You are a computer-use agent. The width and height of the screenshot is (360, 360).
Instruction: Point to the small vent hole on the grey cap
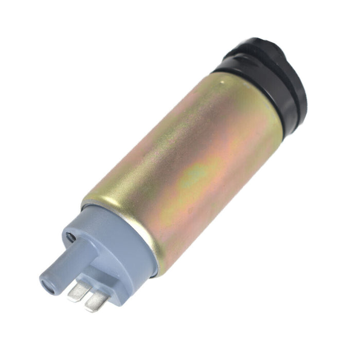point(70,238)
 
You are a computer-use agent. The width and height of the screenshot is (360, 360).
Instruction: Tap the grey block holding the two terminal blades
point(105,278)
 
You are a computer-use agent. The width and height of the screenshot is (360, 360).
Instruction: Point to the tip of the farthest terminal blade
point(91,309)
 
